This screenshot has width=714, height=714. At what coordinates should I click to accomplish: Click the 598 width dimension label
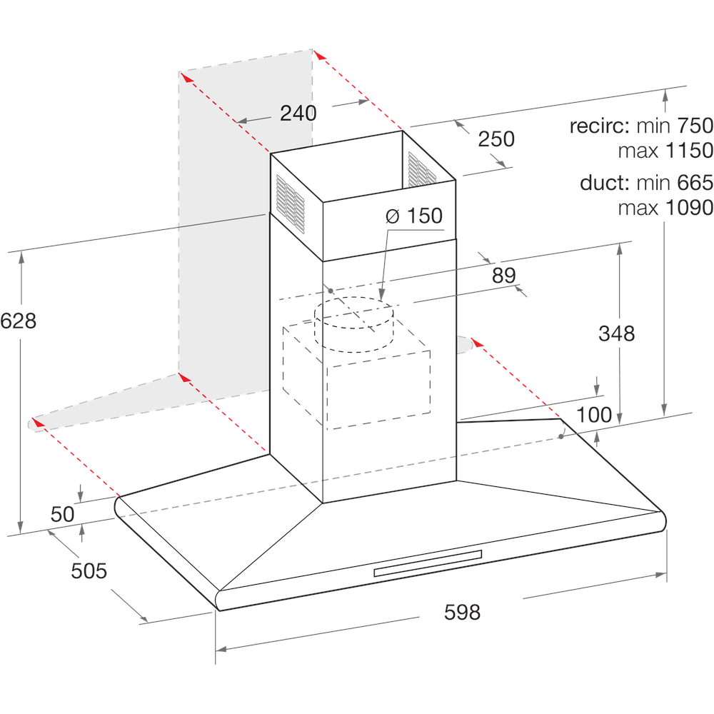pos(462,612)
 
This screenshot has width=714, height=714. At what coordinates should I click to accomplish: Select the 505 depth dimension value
pos(89,570)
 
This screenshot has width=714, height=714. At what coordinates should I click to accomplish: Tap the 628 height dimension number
pos(19,321)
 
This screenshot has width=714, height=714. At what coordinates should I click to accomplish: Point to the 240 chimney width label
pos(298,113)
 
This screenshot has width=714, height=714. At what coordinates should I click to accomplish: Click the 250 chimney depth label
pos(496,139)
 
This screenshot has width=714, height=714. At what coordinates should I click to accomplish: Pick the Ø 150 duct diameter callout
pos(414,216)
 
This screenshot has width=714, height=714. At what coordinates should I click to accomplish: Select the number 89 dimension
pos(504,275)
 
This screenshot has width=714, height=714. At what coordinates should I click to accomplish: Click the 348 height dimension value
pos(616,333)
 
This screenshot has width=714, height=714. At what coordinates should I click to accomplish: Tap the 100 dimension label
pos(594,415)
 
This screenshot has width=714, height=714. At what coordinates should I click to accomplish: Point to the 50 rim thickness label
pos(63,514)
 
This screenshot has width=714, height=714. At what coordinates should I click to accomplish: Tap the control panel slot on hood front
pos(428,563)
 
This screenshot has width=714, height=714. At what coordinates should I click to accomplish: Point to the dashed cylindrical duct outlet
pos(354,325)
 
